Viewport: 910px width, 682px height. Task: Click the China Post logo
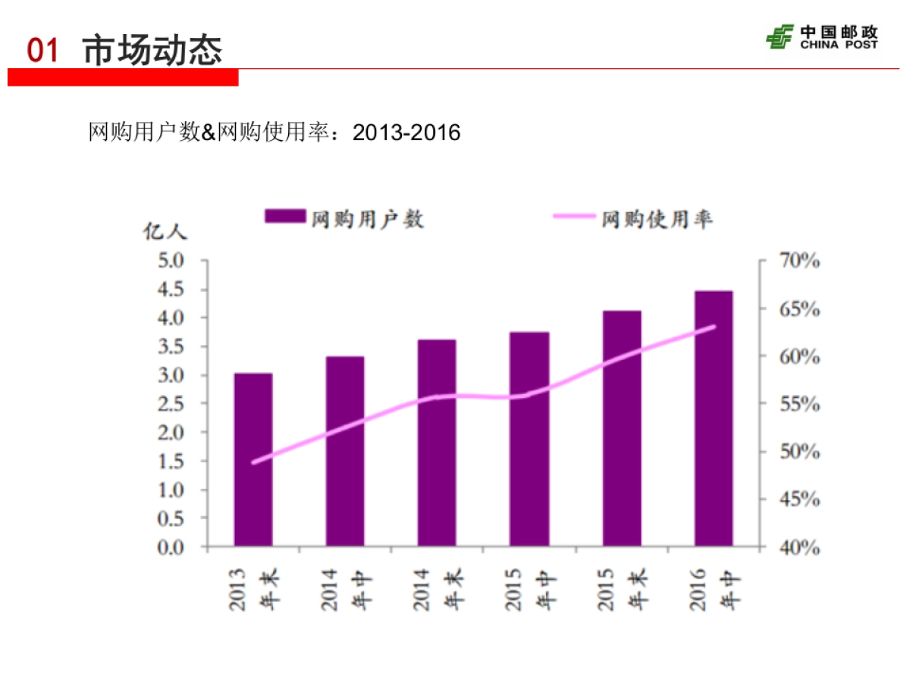821,36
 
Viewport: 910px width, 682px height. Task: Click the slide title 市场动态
152,50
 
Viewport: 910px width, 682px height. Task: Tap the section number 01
42,51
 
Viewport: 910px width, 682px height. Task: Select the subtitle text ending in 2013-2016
275,133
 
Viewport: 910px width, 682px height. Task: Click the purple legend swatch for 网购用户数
284,217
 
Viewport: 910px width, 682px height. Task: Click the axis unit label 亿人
165,232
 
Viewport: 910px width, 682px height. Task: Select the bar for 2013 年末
253,459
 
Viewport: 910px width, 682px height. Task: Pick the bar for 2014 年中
345,451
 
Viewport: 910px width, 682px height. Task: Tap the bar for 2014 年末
437,443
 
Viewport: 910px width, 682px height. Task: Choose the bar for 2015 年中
529,439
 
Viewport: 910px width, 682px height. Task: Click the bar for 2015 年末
622,428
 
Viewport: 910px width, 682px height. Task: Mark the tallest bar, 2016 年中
714,418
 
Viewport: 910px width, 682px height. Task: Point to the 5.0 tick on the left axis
171,261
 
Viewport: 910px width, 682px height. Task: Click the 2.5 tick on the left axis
171,404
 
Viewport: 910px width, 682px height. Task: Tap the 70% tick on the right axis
799,261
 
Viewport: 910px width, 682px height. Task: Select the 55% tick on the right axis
799,405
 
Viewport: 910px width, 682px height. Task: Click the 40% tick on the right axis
799,547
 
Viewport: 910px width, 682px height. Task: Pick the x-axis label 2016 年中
714,590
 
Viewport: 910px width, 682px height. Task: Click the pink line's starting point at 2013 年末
253,461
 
